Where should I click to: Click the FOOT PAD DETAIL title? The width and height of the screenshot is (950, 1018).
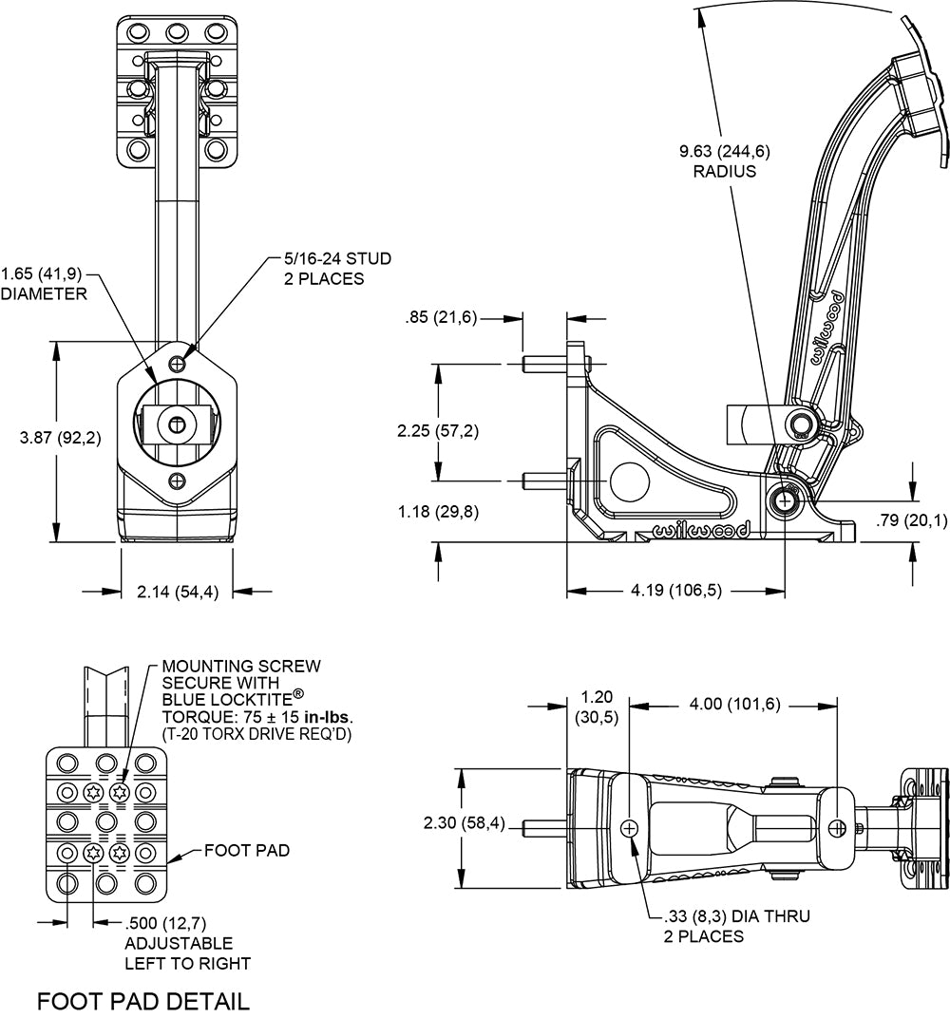(142, 1001)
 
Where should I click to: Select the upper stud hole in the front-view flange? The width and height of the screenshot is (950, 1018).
(177, 364)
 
